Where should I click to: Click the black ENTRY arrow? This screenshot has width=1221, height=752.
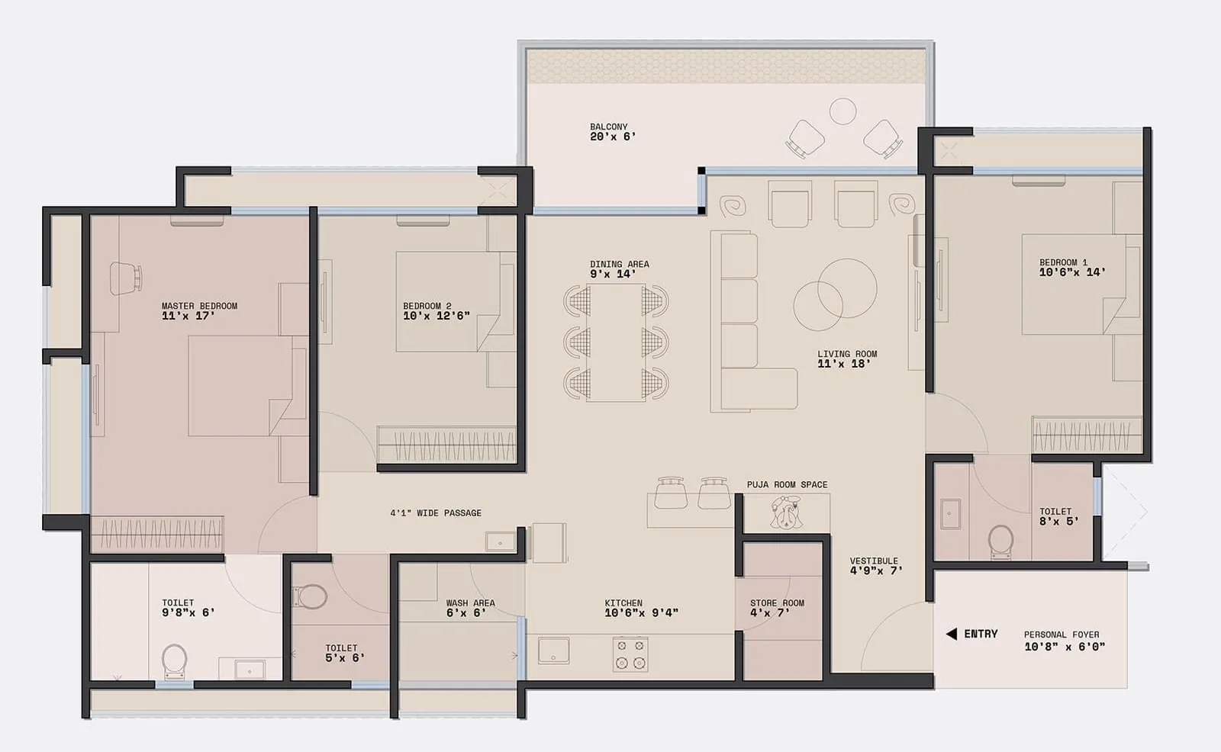pos(951,634)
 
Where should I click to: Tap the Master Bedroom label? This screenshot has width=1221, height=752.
pos(199,306)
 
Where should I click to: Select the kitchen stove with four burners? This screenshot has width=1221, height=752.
pos(631,654)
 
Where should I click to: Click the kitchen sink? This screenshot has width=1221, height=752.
pos(553,651)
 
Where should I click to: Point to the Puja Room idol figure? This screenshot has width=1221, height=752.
pos(785,512)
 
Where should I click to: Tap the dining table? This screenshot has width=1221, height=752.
pos(617,342)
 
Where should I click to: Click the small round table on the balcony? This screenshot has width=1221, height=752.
pos(842,111)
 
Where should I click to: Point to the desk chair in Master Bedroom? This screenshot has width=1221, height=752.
pos(126,278)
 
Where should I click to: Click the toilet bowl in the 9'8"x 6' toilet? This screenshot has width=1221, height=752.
pos(175,660)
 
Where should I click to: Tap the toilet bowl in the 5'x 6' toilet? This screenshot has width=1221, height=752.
pos(312,596)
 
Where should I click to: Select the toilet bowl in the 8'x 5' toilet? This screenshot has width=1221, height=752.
pos(1000,541)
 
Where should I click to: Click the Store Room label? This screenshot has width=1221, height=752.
pos(777,603)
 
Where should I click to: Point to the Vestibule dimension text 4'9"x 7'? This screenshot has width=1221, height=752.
pos(876,570)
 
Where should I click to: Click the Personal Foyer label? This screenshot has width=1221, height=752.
pos(1062,634)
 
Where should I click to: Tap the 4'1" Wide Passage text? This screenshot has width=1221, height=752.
pos(436,513)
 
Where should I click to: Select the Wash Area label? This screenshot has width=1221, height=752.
pos(470,603)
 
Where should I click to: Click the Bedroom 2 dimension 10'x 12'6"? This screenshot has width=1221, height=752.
pos(437,316)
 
